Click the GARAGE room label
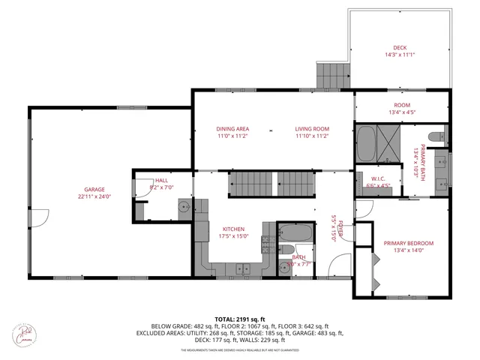pyautogui.click(x=94, y=189)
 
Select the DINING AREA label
pyautogui.click(x=232, y=129)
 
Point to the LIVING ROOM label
pyautogui.click(x=311, y=129)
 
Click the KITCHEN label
pyautogui.click(x=233, y=229)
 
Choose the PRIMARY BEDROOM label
pyautogui.click(x=409, y=243)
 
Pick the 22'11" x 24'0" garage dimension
pyautogui.click(x=94, y=196)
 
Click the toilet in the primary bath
pyautogui.click(x=442, y=136)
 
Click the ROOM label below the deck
pyautogui.click(x=402, y=105)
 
